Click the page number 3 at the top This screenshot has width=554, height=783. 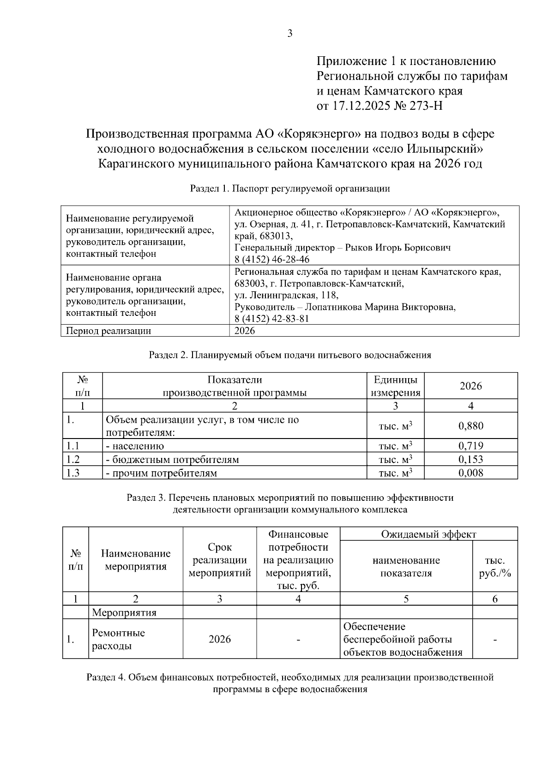pyautogui.click(x=289, y=33)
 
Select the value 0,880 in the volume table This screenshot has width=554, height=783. pyautogui.click(x=470, y=426)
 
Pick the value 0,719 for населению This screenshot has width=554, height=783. pyautogui.click(x=470, y=446)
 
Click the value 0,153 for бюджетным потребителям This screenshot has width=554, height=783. pyautogui.click(x=470, y=459)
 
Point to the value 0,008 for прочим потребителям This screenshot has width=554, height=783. pyautogui.click(x=470, y=473)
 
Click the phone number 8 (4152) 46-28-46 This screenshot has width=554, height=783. pyautogui.click(x=272, y=259)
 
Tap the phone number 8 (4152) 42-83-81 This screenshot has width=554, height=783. pyautogui.click(x=272, y=319)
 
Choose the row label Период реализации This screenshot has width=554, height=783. pyautogui.click(x=108, y=331)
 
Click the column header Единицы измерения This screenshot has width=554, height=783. pyautogui.click(x=396, y=386)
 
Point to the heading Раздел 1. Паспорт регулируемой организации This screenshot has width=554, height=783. pyautogui.click(x=290, y=189)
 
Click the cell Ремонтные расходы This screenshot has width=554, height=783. pyautogui.click(x=118, y=639)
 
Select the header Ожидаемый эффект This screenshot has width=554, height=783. pyautogui.click(x=428, y=534)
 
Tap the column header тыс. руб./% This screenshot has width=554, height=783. pyautogui.click(x=494, y=567)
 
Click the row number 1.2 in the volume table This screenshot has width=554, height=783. pyautogui.click(x=73, y=459)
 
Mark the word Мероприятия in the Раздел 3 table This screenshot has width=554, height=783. pyautogui.click(x=124, y=612)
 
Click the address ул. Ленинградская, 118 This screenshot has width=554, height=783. pyautogui.click(x=286, y=295)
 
